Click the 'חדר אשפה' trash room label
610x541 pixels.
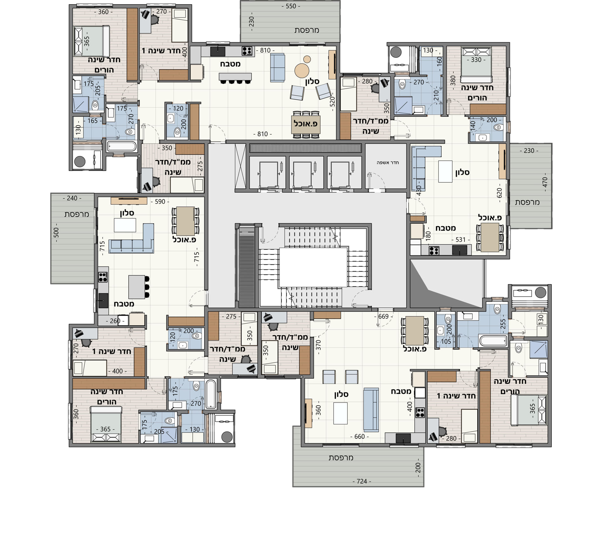(388, 163)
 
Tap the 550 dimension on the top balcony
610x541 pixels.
(291, 6)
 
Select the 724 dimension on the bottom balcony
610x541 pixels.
(362, 481)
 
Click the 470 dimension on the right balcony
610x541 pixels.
(545, 182)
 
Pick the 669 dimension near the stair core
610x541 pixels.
(383, 316)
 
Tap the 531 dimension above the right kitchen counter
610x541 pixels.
(460, 240)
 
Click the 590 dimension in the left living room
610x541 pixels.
(160, 201)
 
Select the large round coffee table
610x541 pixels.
(302, 70)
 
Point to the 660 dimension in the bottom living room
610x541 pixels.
(359, 436)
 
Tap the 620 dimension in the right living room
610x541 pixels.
(499, 193)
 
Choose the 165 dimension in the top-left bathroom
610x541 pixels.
(92, 121)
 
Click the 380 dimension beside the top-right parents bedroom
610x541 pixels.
(453, 80)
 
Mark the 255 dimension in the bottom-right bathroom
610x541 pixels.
(503, 324)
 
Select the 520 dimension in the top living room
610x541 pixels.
(332, 102)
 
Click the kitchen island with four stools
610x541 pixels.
(235, 77)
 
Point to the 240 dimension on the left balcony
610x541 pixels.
(72, 198)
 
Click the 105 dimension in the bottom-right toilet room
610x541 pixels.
(446, 342)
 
